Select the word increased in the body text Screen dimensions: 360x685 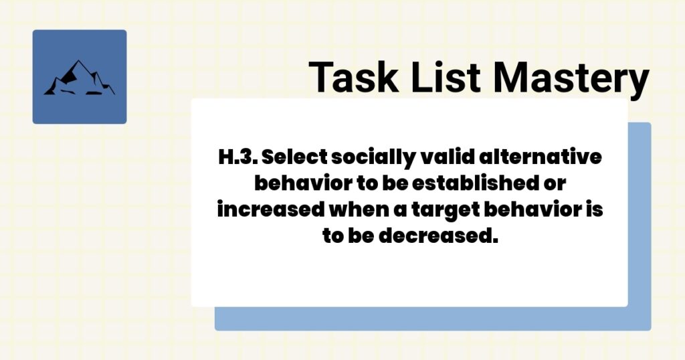click(x=269, y=207)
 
